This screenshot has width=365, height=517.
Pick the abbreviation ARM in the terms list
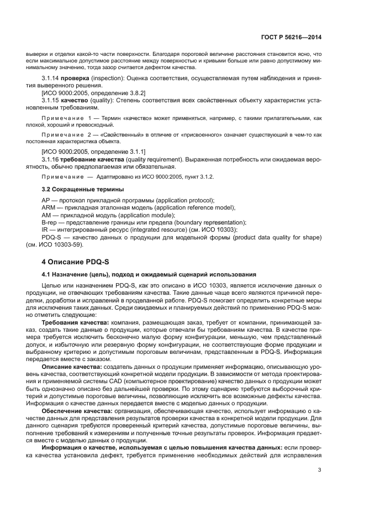click(x=49, y=207)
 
